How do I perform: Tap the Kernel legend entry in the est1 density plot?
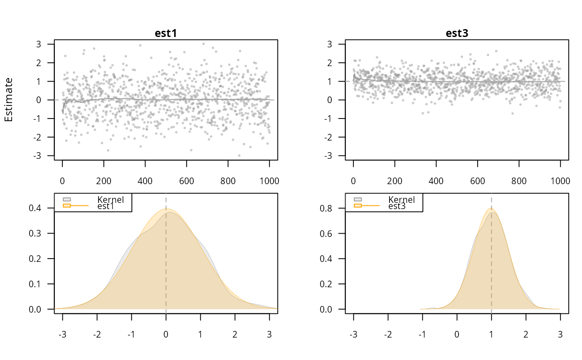click(110, 200)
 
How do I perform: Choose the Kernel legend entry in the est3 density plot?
click(401, 200)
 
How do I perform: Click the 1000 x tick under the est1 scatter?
click(269, 181)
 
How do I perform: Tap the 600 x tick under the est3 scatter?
click(477, 181)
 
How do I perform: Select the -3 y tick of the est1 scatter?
click(44, 155)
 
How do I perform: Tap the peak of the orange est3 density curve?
click(491, 208)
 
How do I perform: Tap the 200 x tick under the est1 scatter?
click(104, 181)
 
